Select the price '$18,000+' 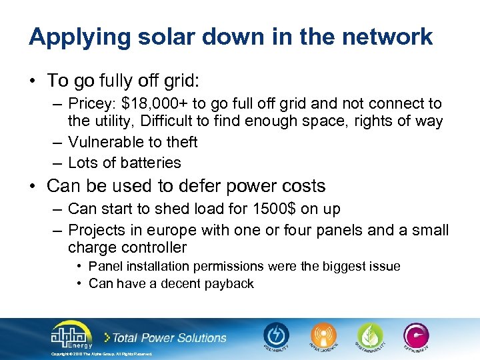coord(155,103)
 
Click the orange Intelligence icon coord(323,335)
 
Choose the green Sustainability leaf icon coord(369,335)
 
